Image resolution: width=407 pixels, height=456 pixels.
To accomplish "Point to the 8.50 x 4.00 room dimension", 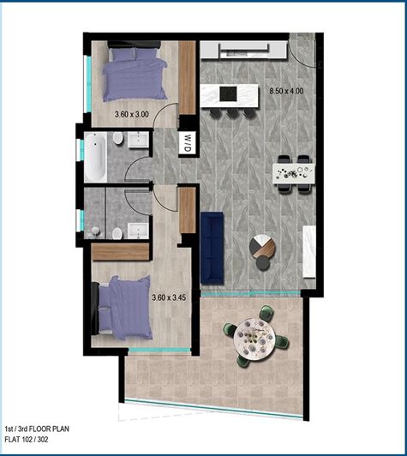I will (x=286, y=90).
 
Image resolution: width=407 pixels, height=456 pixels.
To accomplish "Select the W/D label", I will (x=186, y=144).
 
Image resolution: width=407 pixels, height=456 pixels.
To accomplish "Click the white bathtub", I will (x=95, y=155).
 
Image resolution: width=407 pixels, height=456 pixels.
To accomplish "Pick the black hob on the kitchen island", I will (x=230, y=93).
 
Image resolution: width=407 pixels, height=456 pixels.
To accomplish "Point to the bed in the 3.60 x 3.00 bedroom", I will (x=133, y=73).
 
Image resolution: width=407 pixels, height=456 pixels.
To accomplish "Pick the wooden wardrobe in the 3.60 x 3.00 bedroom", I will (x=188, y=79).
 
